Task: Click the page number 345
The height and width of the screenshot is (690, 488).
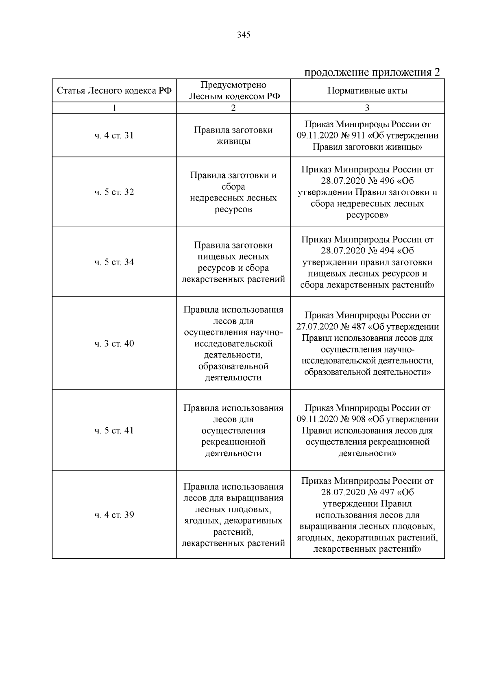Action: (244, 35)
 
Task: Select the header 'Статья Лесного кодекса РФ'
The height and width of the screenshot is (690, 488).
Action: (114, 90)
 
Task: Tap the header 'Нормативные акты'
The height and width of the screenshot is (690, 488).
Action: (367, 90)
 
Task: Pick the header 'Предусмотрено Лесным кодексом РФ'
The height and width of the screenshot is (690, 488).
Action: (233, 90)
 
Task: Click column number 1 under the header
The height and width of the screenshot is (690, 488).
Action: (114, 108)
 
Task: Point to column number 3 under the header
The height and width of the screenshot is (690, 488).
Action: (367, 108)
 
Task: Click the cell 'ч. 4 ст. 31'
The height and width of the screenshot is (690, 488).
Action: (114, 135)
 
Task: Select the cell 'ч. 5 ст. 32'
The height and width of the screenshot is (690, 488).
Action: (114, 192)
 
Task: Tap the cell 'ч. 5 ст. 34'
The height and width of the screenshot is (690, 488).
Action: (114, 262)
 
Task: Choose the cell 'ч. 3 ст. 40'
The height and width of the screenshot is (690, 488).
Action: (114, 344)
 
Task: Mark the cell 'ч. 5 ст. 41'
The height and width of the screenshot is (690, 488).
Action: (114, 431)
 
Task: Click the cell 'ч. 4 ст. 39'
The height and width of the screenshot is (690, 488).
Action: (114, 515)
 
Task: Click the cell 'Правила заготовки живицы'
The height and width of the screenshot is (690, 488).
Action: (233, 135)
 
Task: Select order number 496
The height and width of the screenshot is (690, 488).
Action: (387, 181)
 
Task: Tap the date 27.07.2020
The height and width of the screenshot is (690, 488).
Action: (318, 327)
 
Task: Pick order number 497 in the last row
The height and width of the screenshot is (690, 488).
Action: (387, 492)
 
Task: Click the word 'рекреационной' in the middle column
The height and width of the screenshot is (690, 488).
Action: (233, 442)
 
